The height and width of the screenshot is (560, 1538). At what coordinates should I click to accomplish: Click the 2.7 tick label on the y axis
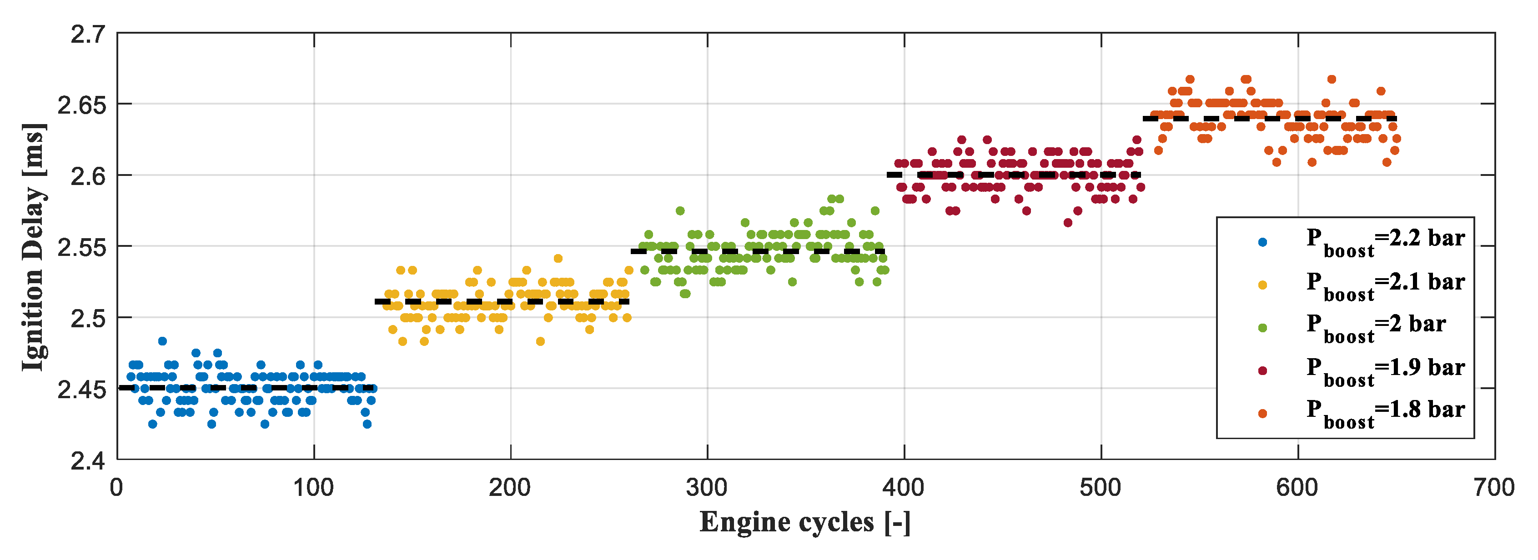pyautogui.click(x=88, y=35)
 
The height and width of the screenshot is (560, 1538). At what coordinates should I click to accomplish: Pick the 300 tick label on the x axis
pyautogui.click(x=706, y=488)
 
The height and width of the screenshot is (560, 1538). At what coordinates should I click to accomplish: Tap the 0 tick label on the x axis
pyautogui.click(x=116, y=488)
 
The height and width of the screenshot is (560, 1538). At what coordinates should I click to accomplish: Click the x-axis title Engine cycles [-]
pyautogui.click(x=805, y=522)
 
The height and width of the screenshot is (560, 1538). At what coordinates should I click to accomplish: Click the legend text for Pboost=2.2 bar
pyautogui.click(x=1385, y=241)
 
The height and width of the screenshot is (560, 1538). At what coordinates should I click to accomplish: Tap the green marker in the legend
pyautogui.click(x=1262, y=328)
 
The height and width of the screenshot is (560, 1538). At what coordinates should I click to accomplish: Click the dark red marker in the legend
pyautogui.click(x=1262, y=371)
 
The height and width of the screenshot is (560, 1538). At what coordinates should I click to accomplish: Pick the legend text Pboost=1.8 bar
pyautogui.click(x=1385, y=413)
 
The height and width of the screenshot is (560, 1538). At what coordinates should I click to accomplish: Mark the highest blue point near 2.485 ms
pyautogui.click(x=162, y=341)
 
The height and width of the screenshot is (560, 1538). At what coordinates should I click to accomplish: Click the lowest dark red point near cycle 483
pyautogui.click(x=1067, y=223)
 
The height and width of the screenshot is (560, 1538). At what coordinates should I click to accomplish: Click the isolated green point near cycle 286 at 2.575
pyautogui.click(x=679, y=211)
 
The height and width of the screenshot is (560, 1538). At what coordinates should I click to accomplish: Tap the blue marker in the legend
pyautogui.click(x=1262, y=242)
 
